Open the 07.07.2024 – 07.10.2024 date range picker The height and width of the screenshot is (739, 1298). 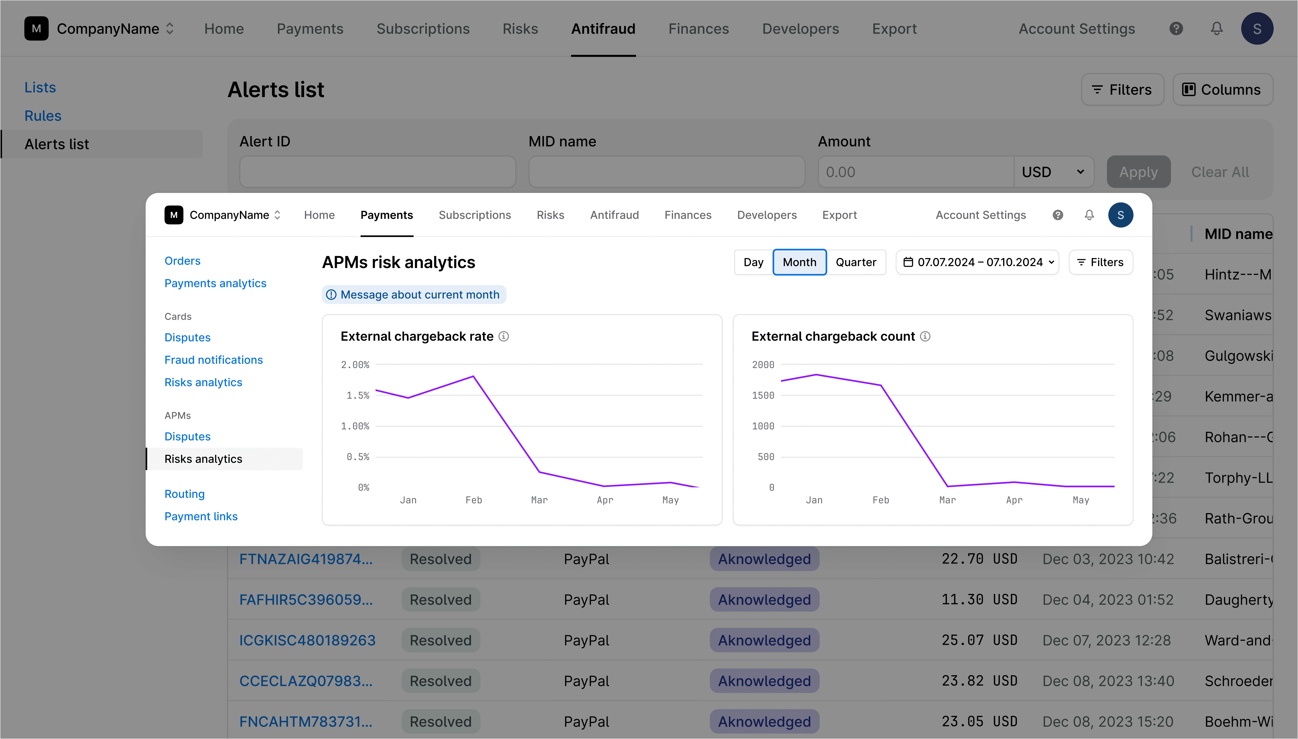pos(977,262)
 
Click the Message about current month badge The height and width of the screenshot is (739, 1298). pos(414,295)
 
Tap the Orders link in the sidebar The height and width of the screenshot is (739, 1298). pos(182,261)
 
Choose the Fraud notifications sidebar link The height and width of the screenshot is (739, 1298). pos(213,360)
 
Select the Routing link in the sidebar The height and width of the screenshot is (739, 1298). pos(184,494)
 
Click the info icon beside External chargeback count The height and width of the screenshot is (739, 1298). pos(925,337)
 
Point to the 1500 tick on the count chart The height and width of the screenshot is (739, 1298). pos(763,395)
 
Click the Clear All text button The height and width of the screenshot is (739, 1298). pos(1220,172)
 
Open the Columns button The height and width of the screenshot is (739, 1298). pos(1222,90)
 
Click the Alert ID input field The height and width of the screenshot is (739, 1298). pos(378,172)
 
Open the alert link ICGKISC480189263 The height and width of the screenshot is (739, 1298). pos(307,641)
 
